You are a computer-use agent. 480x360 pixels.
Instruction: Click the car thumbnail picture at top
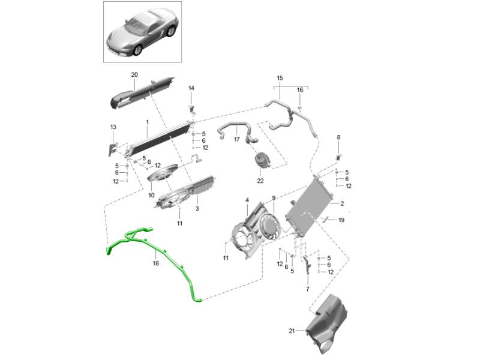pyautogui.click(x=142, y=31)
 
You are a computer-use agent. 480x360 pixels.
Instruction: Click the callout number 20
pyautogui.click(x=134, y=74)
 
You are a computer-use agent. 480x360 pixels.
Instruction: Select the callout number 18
pyautogui.click(x=155, y=263)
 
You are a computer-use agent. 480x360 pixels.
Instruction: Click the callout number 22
pyautogui.click(x=260, y=181)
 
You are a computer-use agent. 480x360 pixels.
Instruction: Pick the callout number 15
pyautogui.click(x=280, y=78)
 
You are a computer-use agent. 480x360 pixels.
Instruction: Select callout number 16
pyautogui.click(x=300, y=90)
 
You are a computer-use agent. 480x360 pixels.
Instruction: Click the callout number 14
pyautogui.click(x=191, y=89)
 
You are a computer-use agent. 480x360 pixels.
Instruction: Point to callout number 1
pyautogui.click(x=147, y=122)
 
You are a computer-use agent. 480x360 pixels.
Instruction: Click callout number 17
pyautogui.click(x=236, y=140)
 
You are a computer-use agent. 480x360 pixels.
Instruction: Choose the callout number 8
pyautogui.click(x=338, y=137)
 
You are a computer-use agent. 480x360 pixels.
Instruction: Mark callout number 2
pyautogui.click(x=341, y=203)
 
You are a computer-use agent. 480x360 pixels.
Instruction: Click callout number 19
pyautogui.click(x=341, y=220)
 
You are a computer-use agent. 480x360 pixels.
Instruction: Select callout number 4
pyautogui.click(x=247, y=199)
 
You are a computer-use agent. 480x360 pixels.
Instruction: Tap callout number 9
pyautogui.click(x=273, y=198)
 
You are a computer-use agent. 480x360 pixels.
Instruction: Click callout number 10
pyautogui.click(x=151, y=195)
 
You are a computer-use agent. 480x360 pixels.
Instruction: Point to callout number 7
pyautogui.click(x=308, y=289)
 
